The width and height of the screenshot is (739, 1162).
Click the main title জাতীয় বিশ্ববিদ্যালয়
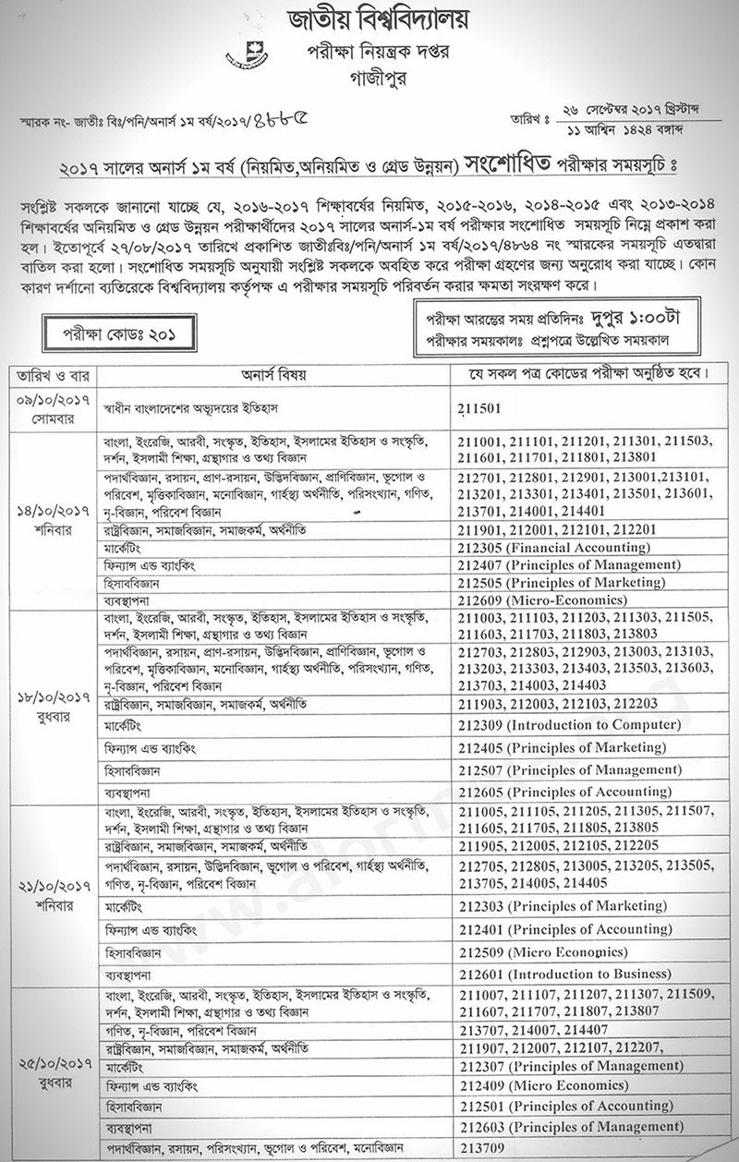click(x=369, y=20)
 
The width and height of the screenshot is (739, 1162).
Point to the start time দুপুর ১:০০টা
click(x=624, y=314)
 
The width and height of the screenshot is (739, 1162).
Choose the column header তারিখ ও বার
click(x=52, y=376)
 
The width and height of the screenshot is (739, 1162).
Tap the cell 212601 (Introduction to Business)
click(x=564, y=974)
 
